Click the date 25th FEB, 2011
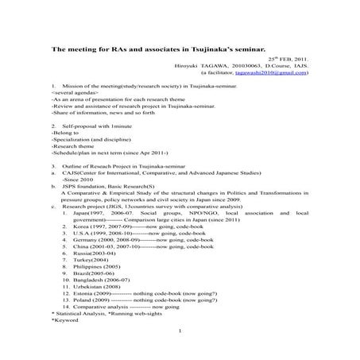point(284,60)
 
